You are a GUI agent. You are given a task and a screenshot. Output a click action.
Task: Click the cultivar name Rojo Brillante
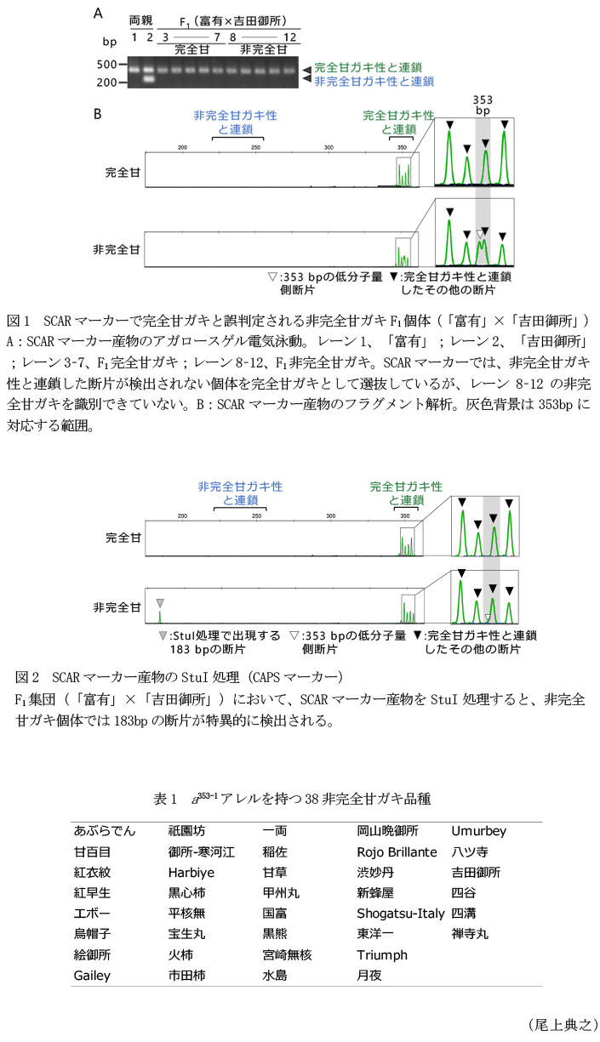397,851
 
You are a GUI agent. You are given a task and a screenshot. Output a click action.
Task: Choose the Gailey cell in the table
92,976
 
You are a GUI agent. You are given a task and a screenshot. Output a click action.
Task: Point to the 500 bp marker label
108,65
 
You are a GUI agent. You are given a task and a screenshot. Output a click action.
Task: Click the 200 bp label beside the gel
108,83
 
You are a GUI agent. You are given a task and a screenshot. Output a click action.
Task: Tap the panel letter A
98,14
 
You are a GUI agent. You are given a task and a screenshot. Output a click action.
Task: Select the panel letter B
98,112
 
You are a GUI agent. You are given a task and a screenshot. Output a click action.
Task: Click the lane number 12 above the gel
289,37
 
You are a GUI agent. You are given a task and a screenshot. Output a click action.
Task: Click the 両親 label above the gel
140,20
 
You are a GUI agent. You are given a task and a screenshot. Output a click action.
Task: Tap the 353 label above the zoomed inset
483,100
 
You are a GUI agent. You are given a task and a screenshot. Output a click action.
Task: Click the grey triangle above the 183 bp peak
159,603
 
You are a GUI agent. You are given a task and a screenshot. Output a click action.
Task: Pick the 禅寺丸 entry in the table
470,934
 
